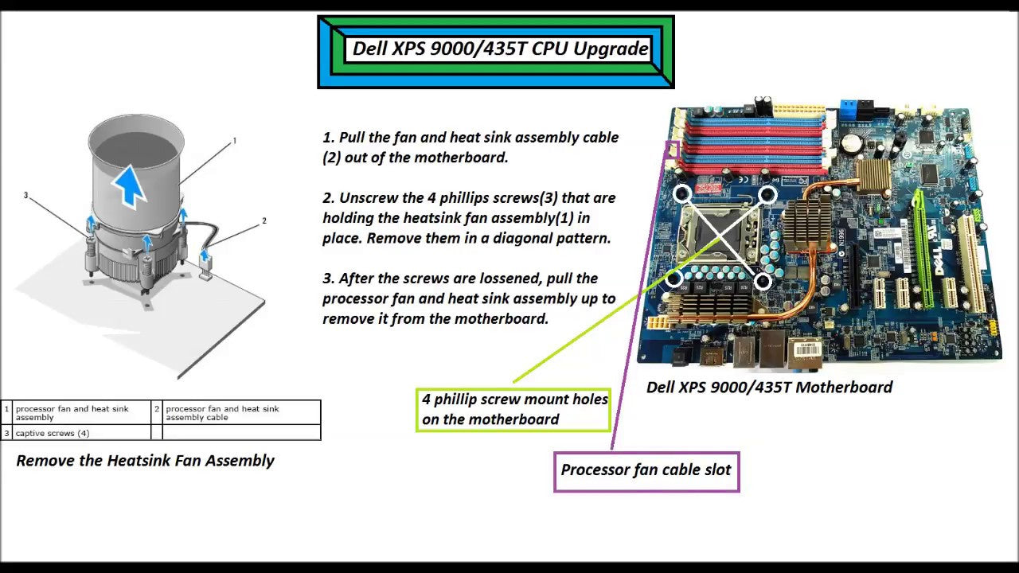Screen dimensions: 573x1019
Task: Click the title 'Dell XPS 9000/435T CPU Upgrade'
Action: tap(500, 49)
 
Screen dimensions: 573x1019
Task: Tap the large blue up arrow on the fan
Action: tap(129, 185)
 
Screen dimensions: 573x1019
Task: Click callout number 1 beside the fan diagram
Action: tap(234, 141)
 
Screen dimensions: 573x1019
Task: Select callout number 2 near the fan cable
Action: tap(264, 220)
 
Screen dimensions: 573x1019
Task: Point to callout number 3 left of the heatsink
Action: tap(25, 195)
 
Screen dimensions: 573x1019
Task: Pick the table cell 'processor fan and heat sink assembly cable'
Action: tap(223, 412)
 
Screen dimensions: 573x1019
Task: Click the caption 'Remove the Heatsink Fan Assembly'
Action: tap(145, 461)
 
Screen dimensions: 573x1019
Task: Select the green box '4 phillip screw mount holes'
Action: tap(514, 409)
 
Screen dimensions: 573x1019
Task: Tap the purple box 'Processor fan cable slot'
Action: tap(646, 470)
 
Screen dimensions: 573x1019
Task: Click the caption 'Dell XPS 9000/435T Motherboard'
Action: tap(769, 388)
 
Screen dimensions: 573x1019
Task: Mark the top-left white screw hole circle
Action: tap(681, 193)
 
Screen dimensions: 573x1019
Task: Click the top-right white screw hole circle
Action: tap(767, 194)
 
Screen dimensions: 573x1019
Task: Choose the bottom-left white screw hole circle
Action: tap(674, 279)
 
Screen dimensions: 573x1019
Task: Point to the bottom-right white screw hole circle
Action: tap(762, 280)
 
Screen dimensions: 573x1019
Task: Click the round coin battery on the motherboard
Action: tap(853, 142)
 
